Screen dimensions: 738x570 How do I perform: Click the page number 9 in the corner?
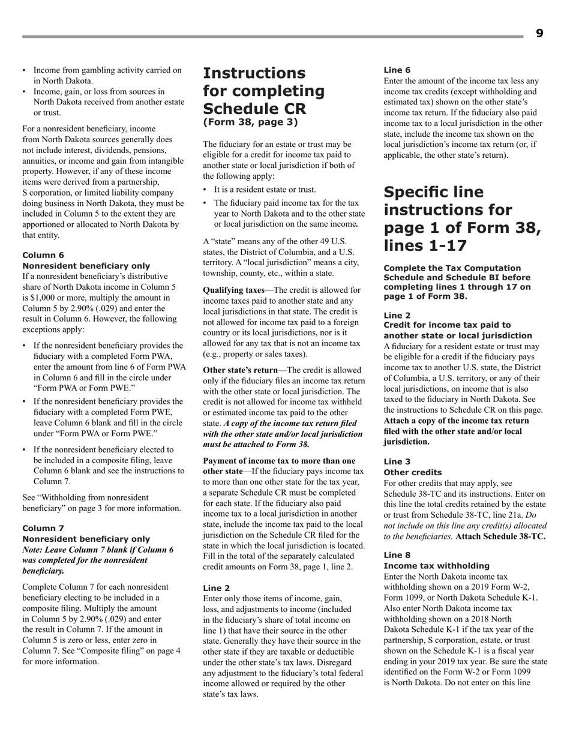point(539,34)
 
